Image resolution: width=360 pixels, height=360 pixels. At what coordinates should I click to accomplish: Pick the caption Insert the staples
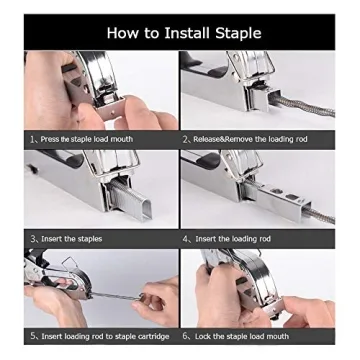point(70,238)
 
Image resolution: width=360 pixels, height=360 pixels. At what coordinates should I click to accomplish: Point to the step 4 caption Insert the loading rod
point(232,238)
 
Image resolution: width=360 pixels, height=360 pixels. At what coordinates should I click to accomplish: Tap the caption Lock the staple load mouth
point(240,336)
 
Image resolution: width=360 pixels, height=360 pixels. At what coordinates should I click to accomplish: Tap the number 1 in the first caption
point(32,139)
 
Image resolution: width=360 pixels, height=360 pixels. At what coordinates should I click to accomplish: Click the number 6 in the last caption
point(185,336)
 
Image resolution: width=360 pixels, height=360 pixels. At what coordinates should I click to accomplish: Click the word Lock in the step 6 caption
point(203,336)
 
